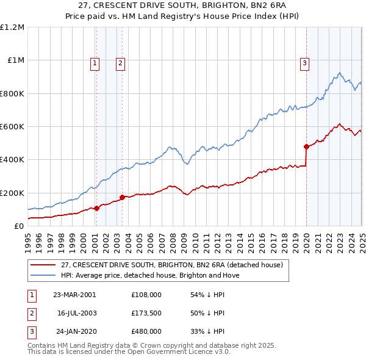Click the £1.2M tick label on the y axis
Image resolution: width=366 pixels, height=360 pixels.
(12, 27)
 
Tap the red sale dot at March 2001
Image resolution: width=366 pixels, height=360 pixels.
(96, 208)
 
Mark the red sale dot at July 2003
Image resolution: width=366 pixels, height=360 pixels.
(122, 197)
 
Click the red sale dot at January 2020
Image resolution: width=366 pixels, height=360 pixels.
(306, 146)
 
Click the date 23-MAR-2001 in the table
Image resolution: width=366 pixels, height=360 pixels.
(74, 295)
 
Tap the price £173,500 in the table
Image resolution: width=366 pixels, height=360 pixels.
(146, 313)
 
